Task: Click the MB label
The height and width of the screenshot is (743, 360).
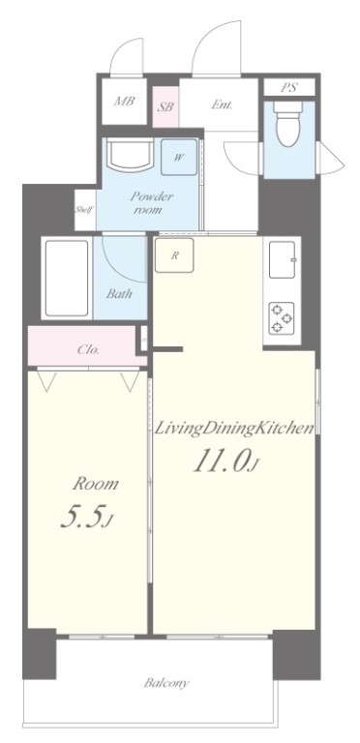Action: point(125,101)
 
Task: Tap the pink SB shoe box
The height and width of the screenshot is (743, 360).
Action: point(165,106)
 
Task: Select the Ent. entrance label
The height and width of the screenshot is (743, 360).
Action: point(222,104)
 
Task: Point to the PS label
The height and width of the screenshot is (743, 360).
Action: point(289,87)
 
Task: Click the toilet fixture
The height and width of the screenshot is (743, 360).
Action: point(288,124)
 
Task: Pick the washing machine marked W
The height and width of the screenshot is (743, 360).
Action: point(179,158)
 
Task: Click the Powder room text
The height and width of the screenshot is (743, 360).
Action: point(152,203)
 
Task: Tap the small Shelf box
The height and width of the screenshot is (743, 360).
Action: point(85,210)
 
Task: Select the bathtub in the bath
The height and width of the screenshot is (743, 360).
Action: point(67,278)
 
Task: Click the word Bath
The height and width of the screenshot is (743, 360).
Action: point(119,294)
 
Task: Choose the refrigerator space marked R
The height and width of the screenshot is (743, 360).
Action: point(174,255)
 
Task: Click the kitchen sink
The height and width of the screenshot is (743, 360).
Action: point(283,259)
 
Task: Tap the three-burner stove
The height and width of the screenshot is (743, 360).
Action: point(282,318)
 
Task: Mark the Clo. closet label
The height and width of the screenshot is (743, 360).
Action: point(88,350)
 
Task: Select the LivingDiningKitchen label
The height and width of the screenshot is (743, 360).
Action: point(235,429)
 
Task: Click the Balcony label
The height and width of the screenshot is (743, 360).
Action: point(166,683)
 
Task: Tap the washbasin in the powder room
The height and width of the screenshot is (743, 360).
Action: point(130,154)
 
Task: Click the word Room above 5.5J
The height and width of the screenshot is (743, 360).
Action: point(95,484)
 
